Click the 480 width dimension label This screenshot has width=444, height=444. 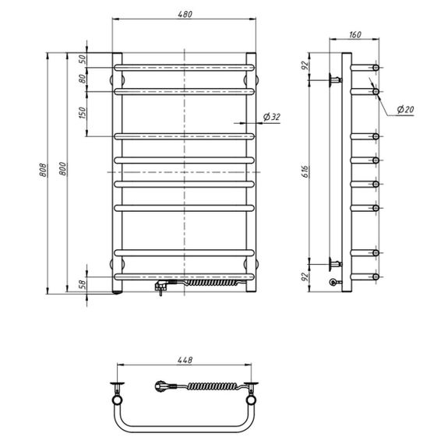coord(185,14)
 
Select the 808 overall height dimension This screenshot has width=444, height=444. coord(43,170)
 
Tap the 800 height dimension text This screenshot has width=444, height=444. coord(63,169)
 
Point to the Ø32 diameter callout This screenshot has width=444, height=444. coord(272,117)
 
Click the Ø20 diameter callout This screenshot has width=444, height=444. coord(405,109)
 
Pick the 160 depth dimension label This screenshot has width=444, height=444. coord(355,34)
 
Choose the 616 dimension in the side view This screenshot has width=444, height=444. coord(305,171)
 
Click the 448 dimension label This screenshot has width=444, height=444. coord(185,360)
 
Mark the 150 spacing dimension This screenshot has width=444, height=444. coord(82,113)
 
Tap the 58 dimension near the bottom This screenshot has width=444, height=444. coord(82,284)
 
